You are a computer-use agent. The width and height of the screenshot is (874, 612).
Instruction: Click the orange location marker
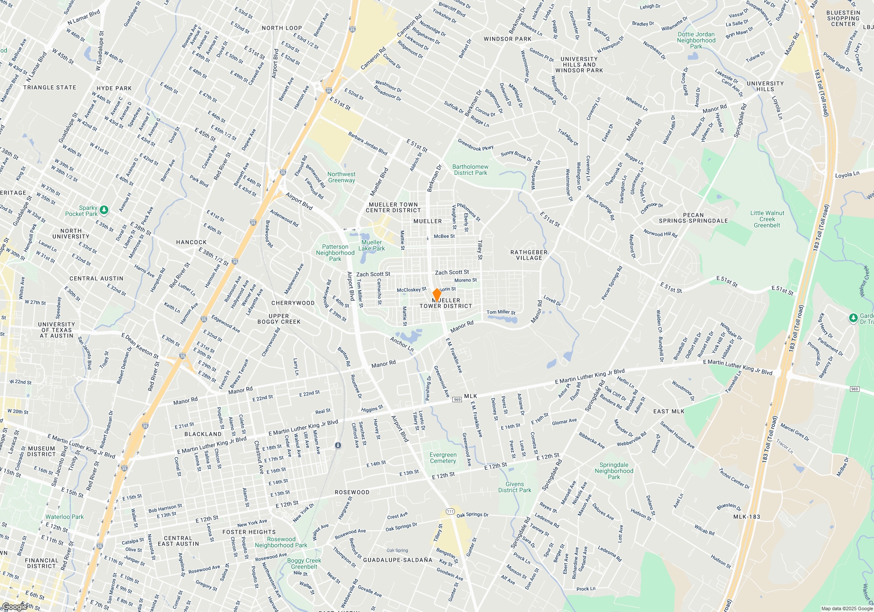click(437, 295)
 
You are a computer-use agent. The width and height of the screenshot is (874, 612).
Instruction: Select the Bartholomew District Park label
click(470, 170)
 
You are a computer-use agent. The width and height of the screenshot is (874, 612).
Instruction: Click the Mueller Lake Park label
click(371, 245)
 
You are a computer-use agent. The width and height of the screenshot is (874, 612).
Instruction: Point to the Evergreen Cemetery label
click(443, 458)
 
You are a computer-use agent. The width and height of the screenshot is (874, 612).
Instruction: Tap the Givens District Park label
click(515, 487)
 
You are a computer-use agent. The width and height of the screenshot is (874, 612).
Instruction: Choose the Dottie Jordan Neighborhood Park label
click(696, 40)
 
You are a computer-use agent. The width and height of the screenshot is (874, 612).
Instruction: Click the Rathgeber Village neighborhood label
click(529, 255)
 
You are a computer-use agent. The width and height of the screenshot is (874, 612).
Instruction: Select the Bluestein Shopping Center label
click(843, 18)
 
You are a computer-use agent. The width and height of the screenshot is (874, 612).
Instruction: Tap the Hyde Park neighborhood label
click(114, 88)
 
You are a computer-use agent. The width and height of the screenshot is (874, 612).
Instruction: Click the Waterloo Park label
click(65, 517)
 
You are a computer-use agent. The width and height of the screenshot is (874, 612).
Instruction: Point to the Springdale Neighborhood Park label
click(614, 471)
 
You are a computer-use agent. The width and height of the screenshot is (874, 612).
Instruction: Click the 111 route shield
click(450, 511)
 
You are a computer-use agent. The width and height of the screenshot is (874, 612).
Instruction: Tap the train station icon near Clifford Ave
click(338, 445)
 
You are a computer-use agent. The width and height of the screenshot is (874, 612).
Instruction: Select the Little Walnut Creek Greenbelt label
click(767, 219)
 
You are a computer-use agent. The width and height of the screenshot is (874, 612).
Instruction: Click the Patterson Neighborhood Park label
click(335, 253)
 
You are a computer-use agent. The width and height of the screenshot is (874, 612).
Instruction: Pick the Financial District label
click(42, 563)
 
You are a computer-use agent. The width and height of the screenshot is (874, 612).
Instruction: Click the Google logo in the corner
click(14, 606)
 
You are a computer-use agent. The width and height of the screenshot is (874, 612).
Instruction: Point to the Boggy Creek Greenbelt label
click(304, 563)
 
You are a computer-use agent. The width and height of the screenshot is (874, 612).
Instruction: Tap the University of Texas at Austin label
click(57, 330)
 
